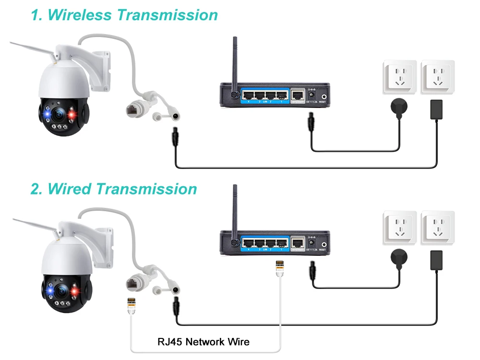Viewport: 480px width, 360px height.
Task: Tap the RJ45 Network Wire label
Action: (x=204, y=342)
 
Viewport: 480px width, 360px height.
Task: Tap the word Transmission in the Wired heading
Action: (x=146, y=189)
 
